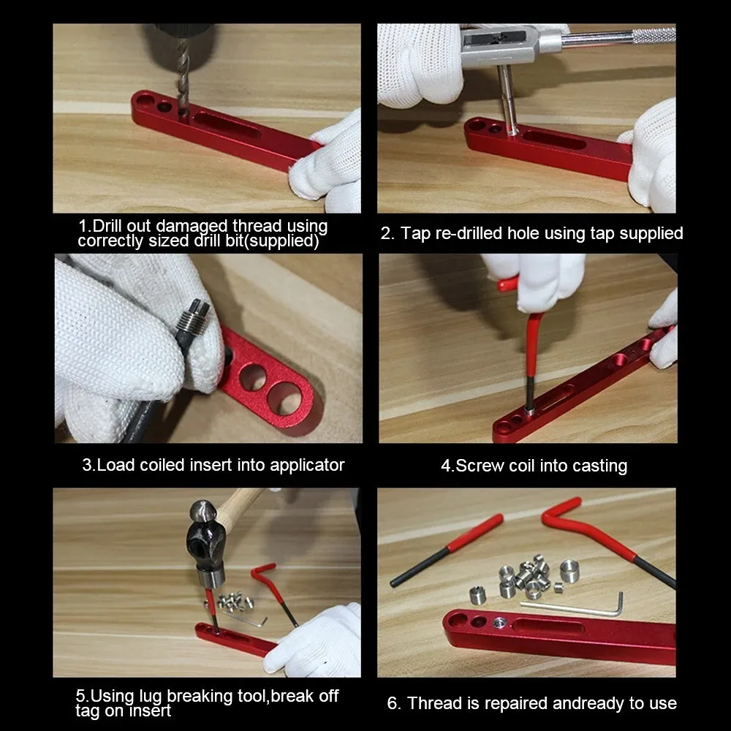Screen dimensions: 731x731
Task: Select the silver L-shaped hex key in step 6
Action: point(577,607)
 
